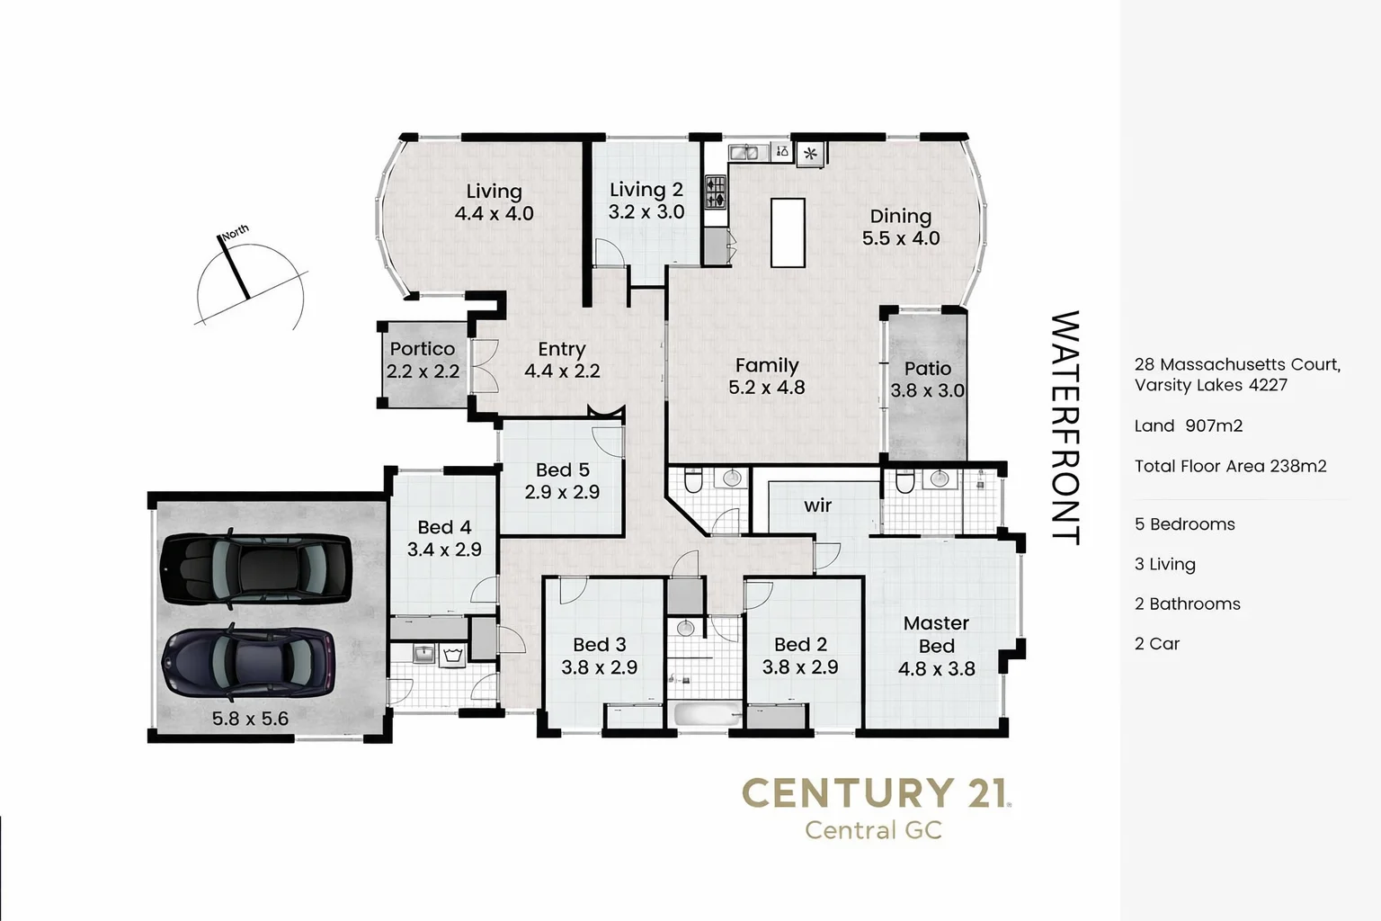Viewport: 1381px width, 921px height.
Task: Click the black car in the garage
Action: point(255,570)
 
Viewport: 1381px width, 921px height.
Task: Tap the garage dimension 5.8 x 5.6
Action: point(250,719)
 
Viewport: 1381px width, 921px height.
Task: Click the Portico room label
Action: point(422,349)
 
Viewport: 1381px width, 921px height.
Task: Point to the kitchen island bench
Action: point(788,232)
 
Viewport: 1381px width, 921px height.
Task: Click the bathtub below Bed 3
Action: point(708,715)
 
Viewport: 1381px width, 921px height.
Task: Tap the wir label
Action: point(817,505)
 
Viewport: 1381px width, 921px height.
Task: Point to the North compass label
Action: point(235,232)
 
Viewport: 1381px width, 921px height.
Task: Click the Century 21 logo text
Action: point(874,793)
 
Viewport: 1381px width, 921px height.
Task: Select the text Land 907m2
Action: point(1188,426)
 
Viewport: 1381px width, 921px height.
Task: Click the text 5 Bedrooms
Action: point(1184,524)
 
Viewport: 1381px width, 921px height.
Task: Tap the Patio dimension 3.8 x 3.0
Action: point(927,391)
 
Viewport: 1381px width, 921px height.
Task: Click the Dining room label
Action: point(900,217)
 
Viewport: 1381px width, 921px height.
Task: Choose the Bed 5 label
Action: point(562,470)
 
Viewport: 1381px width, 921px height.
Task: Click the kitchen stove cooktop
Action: point(716,191)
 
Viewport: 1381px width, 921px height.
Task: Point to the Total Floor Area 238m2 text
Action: point(1230,466)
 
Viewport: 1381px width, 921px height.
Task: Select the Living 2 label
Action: point(646,190)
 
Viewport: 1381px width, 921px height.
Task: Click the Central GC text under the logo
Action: point(873,830)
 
